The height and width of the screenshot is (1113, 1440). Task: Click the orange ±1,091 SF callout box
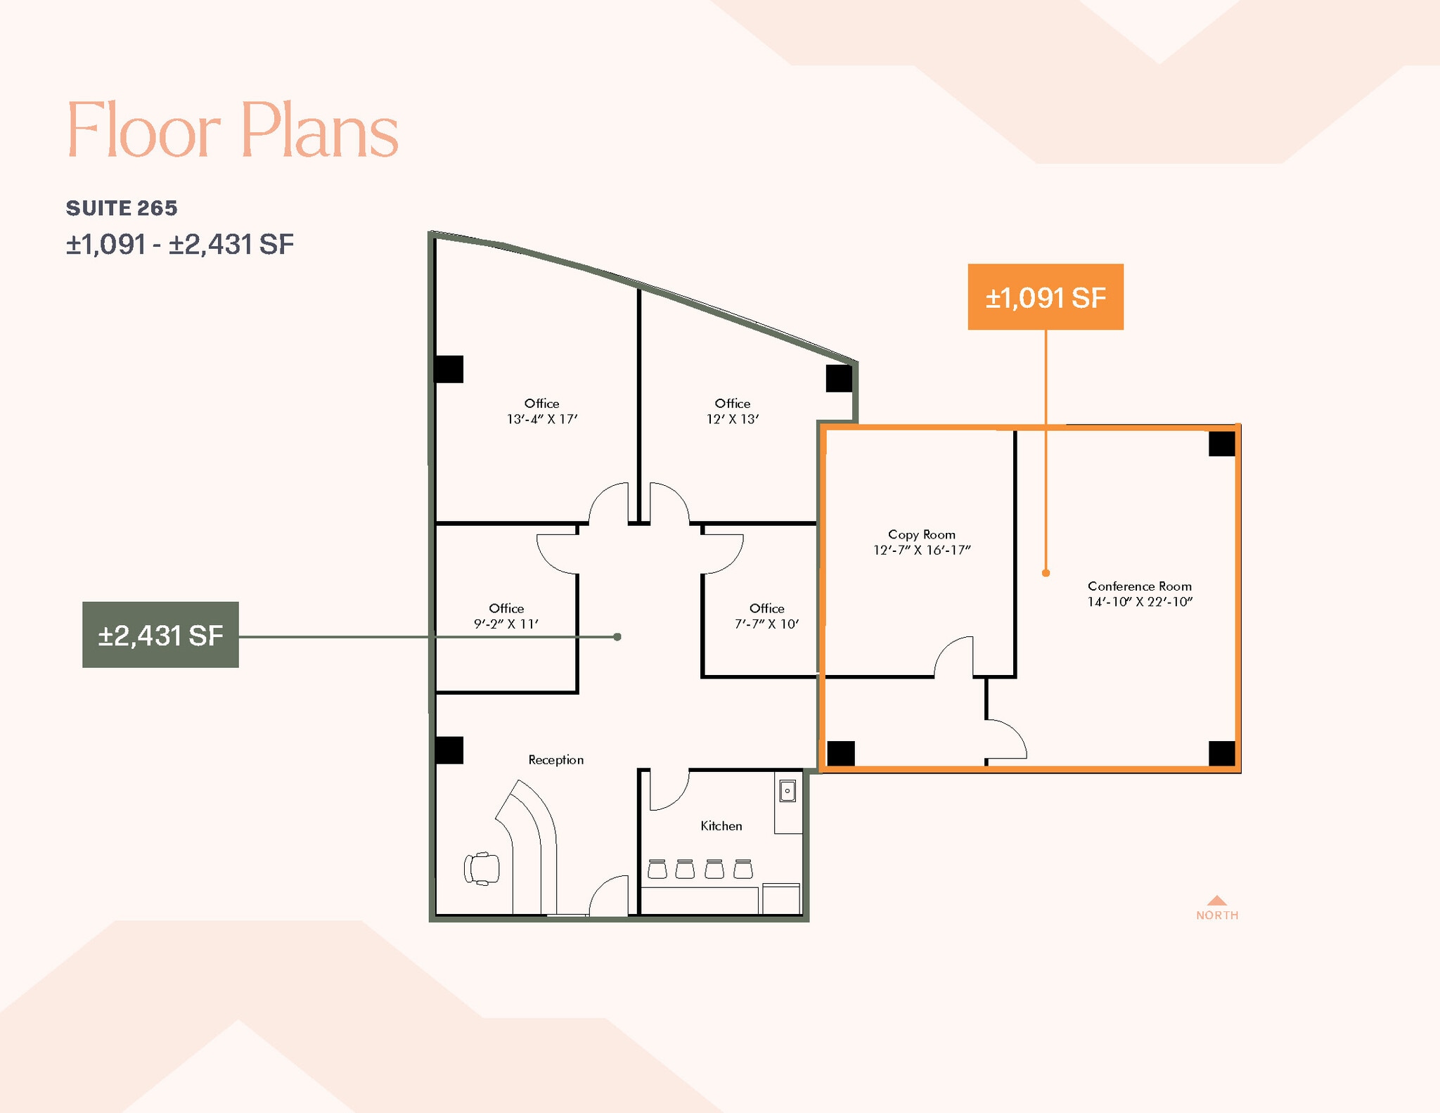point(1045,297)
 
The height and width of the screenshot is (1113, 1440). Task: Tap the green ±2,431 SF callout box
point(160,635)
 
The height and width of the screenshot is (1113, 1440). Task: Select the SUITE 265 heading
point(122,208)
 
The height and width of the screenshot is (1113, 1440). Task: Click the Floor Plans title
point(232,130)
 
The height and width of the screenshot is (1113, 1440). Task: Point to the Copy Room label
point(921,534)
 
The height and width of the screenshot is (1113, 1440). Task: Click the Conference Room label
point(1139,586)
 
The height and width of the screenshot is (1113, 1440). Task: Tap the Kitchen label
point(721,825)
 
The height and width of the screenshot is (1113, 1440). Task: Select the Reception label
point(555,759)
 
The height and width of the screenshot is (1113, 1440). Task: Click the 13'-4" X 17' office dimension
point(541,419)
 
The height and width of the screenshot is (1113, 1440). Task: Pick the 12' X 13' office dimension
point(732,419)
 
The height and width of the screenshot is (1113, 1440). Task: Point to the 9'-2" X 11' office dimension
point(506,624)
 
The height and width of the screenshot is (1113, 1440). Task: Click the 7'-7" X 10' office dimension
point(766,624)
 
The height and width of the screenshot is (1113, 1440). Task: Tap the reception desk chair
point(482,868)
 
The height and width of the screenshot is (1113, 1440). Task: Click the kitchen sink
point(787,791)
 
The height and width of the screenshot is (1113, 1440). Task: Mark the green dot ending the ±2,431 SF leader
point(617,637)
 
